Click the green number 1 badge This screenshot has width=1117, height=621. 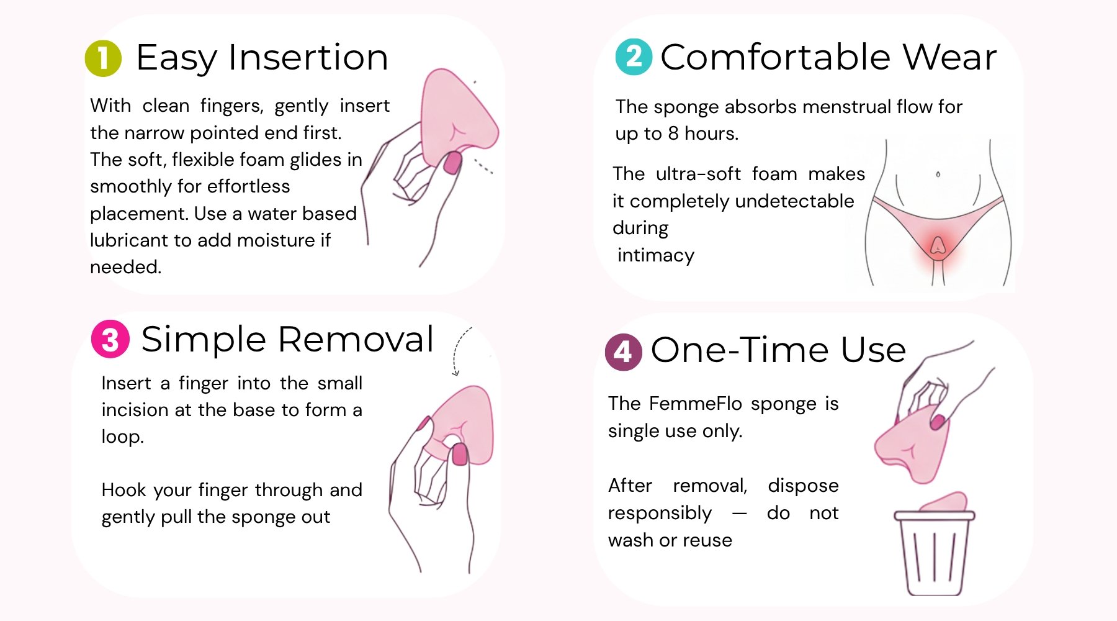[x=103, y=58]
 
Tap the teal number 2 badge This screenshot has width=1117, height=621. [x=634, y=57]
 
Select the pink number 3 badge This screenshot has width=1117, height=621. [x=110, y=339]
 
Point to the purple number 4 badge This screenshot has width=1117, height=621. [x=624, y=352]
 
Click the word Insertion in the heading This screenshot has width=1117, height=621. [x=308, y=57]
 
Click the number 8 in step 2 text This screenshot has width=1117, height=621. [x=673, y=133]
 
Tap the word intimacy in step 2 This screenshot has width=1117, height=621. [x=656, y=255]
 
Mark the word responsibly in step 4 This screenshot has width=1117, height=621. [x=660, y=513]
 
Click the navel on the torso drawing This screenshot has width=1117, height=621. [x=938, y=175]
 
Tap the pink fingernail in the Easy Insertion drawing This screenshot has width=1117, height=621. [x=452, y=163]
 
